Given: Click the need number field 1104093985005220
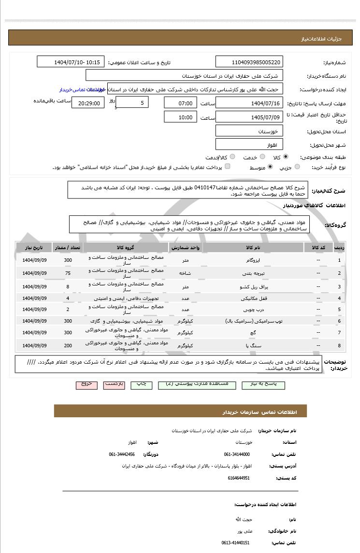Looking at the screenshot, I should click(249, 62).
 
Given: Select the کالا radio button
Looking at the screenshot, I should click(286, 157).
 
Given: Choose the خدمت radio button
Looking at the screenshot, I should click(262, 157).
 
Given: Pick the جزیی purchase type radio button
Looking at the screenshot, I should click(297, 167).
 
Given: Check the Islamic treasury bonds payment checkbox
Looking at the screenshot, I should click(228, 167).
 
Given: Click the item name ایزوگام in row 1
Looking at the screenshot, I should click(253, 260).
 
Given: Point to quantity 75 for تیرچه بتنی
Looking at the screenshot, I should click(68, 273).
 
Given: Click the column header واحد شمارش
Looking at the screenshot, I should click(186, 247).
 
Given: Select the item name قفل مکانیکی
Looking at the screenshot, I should click(253, 298).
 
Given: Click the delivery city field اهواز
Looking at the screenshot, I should click(249, 144).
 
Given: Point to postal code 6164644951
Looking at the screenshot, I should click(239, 478).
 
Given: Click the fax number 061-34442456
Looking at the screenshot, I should click(122, 454).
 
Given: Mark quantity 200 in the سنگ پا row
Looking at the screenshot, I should click(68, 345).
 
